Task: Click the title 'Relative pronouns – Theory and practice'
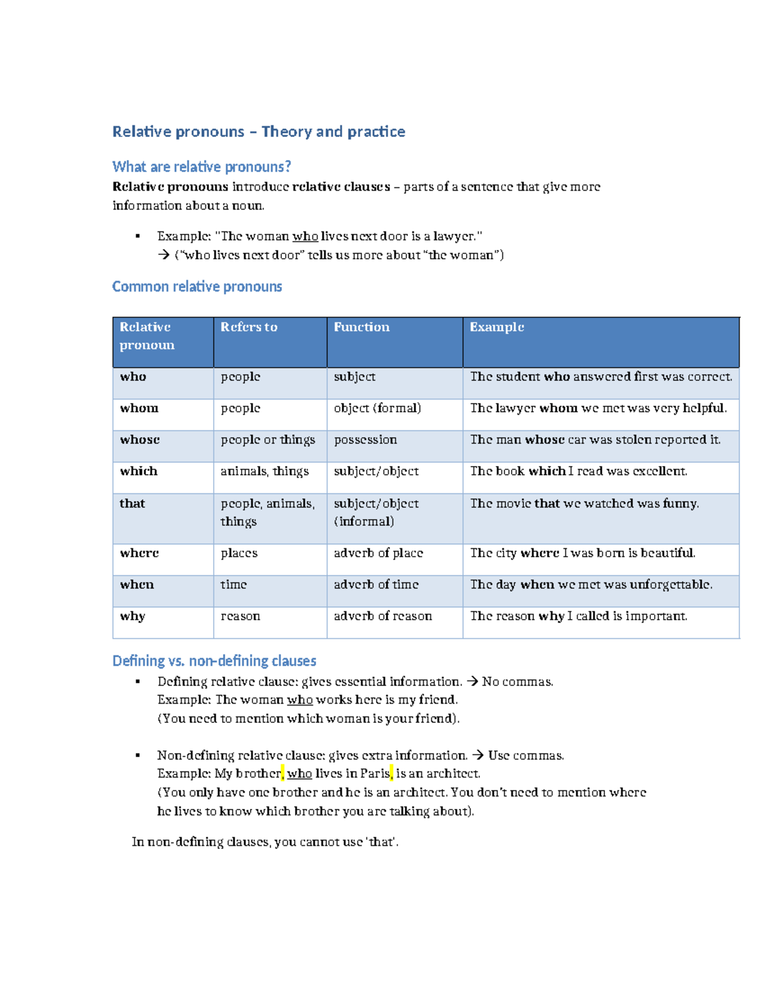[258, 132]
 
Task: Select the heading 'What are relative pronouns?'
[201, 167]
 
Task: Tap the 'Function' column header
[361, 327]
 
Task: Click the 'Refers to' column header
[249, 327]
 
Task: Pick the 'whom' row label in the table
[139, 408]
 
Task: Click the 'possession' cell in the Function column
[365, 440]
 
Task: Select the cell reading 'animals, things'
[265, 471]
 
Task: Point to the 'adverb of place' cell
[378, 553]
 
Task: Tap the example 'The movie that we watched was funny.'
[585, 504]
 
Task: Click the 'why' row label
[133, 616]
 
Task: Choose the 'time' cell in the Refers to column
[233, 585]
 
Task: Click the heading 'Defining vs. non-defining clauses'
[214, 661]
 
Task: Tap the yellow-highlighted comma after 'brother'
[282, 774]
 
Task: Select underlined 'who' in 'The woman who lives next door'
[305, 237]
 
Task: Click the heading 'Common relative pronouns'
[197, 287]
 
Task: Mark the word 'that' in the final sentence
[381, 842]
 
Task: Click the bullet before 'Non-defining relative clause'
[138, 755]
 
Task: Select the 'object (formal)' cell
[377, 408]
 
